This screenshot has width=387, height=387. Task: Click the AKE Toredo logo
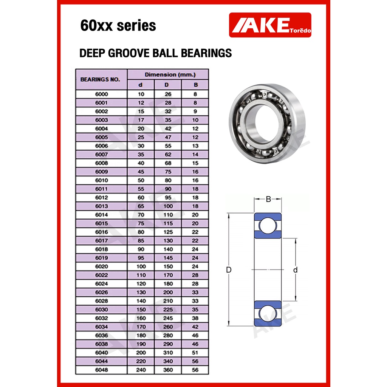tap(270, 25)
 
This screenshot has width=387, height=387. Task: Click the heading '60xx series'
tap(118, 25)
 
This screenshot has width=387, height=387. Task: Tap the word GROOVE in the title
tap(129, 53)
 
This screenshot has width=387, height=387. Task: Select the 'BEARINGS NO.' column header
tap(100, 79)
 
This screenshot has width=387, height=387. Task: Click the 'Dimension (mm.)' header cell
tap(170, 74)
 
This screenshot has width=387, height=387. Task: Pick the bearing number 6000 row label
tap(102, 94)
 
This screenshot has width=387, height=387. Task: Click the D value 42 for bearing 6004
tap(168, 128)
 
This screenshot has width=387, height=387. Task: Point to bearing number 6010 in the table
tap(102, 180)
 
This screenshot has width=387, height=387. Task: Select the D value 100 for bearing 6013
tap(168, 206)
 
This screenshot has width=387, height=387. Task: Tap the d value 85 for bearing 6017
tap(141, 241)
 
